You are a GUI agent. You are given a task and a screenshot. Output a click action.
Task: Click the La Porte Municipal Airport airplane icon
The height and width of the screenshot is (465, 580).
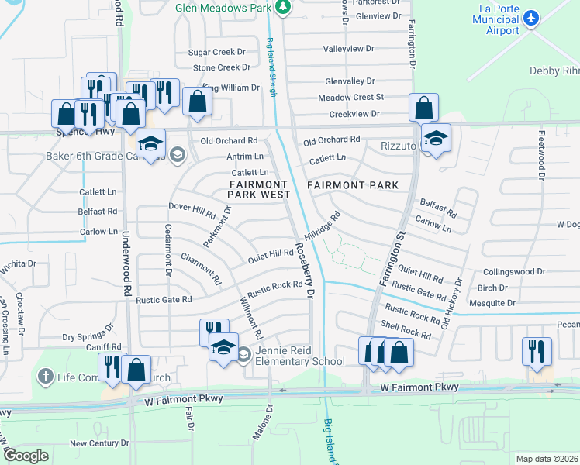[x=530, y=18]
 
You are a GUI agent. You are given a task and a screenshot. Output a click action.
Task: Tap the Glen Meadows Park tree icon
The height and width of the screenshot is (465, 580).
[x=284, y=6]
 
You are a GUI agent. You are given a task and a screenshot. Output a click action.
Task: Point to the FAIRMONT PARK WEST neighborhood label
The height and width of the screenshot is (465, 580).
[x=259, y=189]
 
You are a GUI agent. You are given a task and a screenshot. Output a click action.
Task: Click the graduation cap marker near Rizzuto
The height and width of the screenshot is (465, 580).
[x=437, y=138]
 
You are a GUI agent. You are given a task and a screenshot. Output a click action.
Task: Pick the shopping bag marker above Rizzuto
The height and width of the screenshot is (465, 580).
[x=424, y=108]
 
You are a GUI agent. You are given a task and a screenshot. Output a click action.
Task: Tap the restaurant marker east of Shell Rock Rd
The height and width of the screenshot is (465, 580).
[x=537, y=351]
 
